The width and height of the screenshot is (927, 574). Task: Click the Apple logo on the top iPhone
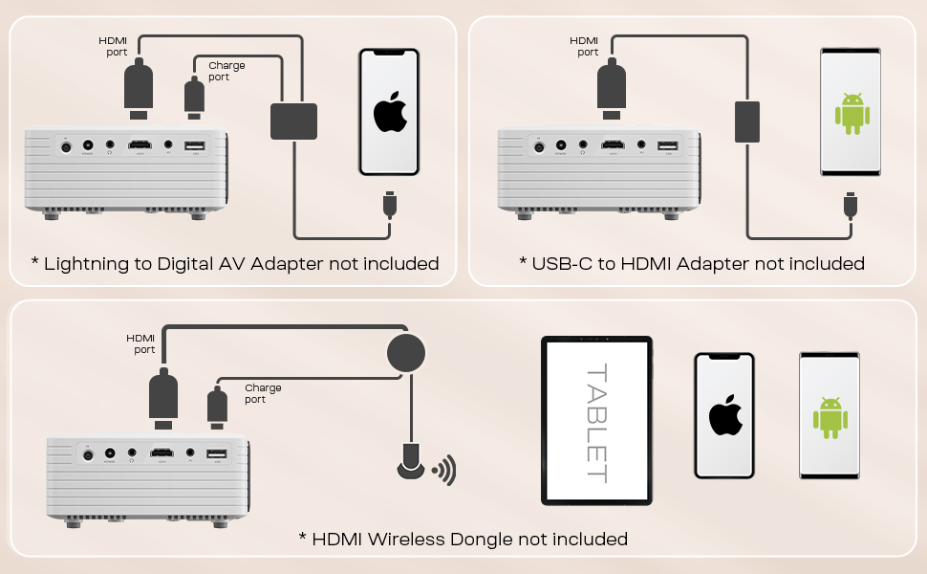pos(389,113)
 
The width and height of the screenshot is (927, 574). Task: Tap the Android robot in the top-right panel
pos(851,113)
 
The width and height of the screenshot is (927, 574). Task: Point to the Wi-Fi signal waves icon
pos(444,470)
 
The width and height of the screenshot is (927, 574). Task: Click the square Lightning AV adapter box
pos(294,121)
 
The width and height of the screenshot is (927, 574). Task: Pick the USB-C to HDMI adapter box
pos(746,121)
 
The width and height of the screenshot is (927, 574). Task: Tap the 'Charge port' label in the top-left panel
pos(226,71)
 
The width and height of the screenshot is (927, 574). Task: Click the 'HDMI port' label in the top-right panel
pos(584,46)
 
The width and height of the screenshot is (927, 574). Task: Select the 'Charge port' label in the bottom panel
pos(263,393)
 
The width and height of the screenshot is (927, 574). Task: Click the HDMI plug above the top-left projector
pos(139,88)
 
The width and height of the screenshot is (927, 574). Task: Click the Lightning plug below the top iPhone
pos(389,205)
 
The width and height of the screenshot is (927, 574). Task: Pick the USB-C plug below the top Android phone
pos(850,205)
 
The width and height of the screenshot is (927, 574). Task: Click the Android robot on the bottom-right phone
pos(830,417)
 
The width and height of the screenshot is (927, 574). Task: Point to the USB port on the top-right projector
pos(667,146)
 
